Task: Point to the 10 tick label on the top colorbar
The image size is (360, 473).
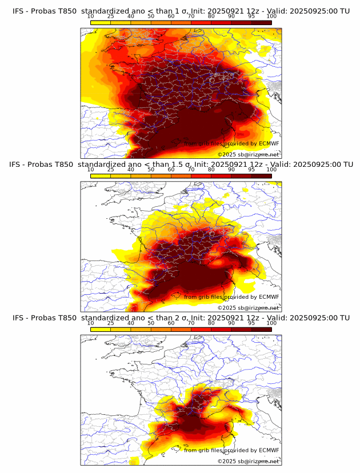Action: pyautogui.click(x=91, y=16)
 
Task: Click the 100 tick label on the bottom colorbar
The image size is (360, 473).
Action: pyautogui.click(x=271, y=323)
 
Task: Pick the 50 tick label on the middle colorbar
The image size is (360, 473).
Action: pyautogui.click(x=151, y=170)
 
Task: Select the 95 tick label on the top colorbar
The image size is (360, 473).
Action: pyautogui.click(x=251, y=16)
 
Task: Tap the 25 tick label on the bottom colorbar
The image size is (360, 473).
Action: pyautogui.click(x=111, y=323)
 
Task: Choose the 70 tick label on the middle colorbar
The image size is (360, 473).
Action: pyautogui.click(x=191, y=170)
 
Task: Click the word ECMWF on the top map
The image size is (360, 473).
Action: pyautogui.click(x=269, y=143)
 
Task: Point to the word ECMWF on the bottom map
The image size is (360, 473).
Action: pyautogui.click(x=269, y=450)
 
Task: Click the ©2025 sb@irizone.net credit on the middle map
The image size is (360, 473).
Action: pyautogui.click(x=248, y=307)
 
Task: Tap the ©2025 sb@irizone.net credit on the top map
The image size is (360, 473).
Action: pyautogui.click(x=248, y=154)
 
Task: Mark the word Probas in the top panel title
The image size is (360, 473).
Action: pyautogui.click(x=42, y=10)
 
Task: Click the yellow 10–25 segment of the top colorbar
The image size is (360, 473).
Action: pyautogui.click(x=101, y=22)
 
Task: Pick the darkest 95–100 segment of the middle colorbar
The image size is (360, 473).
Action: pyautogui.click(x=262, y=176)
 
